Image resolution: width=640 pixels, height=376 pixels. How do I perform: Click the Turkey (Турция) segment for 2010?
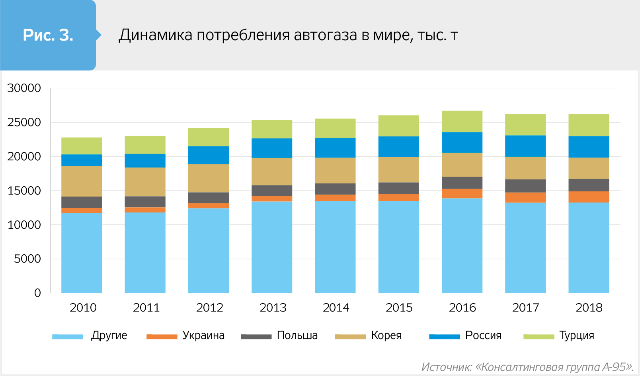(82, 146)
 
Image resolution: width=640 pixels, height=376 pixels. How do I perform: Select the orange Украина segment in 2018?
(589, 197)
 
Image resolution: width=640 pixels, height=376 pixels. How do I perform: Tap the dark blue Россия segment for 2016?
(462, 142)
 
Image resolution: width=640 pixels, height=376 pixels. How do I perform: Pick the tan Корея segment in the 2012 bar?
(209, 178)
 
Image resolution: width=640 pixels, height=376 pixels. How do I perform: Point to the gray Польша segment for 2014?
(335, 189)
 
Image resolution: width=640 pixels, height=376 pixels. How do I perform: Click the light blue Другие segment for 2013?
(272, 247)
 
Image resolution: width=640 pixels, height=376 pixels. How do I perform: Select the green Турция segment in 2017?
(525, 125)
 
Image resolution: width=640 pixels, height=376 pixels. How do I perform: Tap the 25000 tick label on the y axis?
(24, 122)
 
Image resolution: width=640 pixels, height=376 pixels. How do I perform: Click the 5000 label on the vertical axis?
(27, 259)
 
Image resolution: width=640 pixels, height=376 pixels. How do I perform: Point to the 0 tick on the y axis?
(37, 293)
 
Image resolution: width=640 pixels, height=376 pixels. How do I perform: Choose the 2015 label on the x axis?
(399, 308)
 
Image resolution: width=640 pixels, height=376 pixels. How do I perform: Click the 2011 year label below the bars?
(146, 308)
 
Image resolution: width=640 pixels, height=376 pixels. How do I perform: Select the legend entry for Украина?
(203, 335)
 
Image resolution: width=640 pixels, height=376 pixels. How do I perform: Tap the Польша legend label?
(297, 335)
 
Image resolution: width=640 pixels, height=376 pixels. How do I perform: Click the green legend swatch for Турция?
(539, 337)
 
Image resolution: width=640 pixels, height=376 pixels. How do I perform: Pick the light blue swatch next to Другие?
(68, 337)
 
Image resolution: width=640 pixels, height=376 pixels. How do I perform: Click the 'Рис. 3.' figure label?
(48, 35)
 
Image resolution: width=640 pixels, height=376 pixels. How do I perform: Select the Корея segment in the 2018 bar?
(589, 168)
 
